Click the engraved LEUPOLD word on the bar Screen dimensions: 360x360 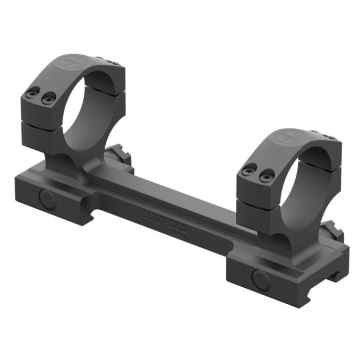click(161, 215)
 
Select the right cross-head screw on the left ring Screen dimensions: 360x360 click(49, 97)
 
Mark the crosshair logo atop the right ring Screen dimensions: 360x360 click(290, 136)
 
